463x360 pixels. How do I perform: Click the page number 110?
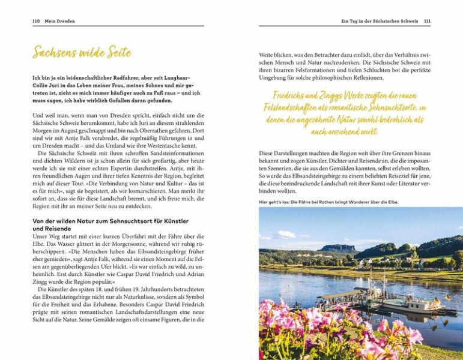(35, 21)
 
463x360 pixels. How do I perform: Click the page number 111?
(427, 21)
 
